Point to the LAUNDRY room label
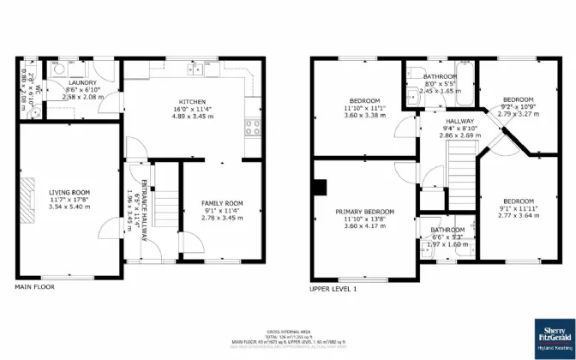pos(83,81)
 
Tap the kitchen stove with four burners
pos(253,128)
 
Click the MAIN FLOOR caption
pos(35,287)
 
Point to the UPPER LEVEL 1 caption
pos(333,289)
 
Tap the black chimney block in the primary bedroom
pos(321,186)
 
